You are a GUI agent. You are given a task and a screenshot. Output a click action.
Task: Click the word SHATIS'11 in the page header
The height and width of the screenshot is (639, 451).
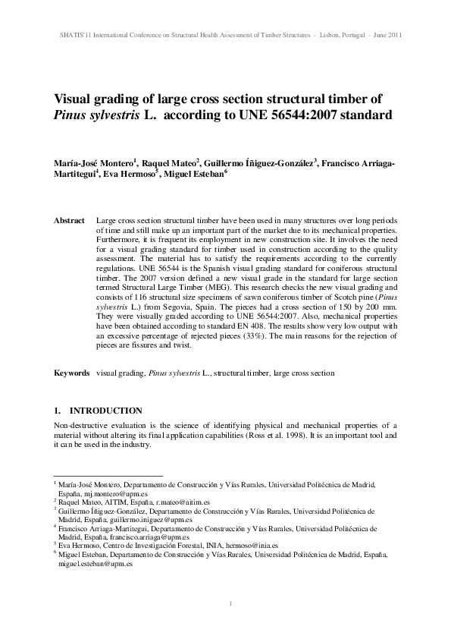(73, 35)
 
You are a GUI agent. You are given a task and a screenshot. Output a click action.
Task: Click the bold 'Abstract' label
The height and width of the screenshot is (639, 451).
(69, 220)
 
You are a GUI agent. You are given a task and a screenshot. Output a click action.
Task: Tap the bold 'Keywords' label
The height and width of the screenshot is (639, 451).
(71, 373)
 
